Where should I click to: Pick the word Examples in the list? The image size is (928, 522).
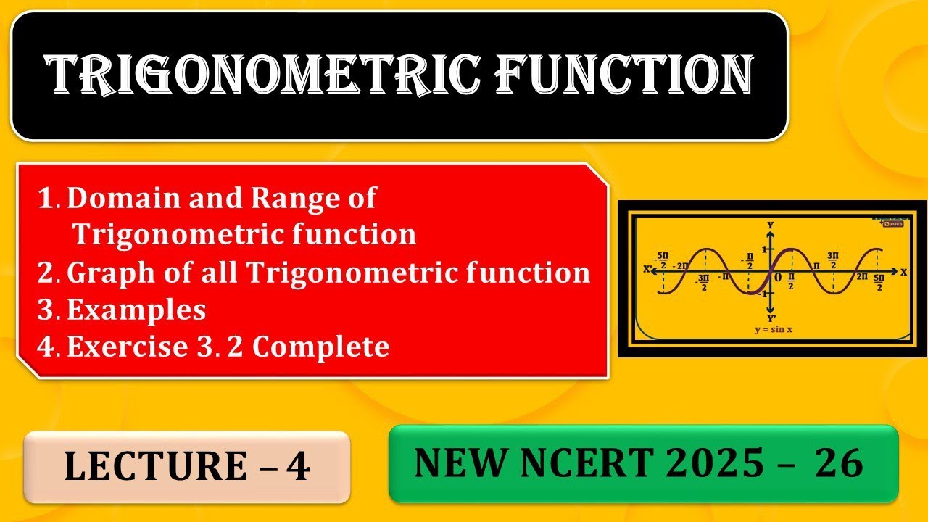point(136,310)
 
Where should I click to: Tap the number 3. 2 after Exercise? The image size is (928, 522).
point(218,347)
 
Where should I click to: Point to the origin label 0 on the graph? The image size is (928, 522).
point(778,278)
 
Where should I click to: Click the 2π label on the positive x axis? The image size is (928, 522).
point(861,277)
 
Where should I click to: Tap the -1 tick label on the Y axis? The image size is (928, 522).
point(762,293)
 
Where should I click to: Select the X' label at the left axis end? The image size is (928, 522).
point(647,270)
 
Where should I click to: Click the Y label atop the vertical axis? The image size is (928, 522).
point(770,225)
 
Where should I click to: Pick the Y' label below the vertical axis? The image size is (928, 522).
point(771,317)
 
